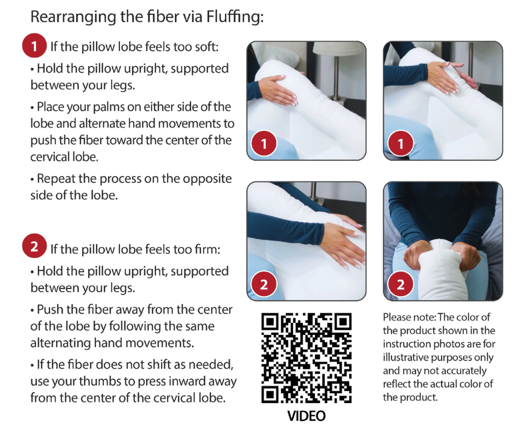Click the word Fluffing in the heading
[x=234, y=17]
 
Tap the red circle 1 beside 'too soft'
[x=34, y=45]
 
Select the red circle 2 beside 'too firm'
[x=34, y=246]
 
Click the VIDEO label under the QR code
[x=307, y=416]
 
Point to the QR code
[x=307, y=358]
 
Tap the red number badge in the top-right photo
[x=401, y=144]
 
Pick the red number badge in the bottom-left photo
[x=264, y=284]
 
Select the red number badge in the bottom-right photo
[x=401, y=284]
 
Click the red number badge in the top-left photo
[x=264, y=144]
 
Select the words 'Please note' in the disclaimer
[x=409, y=317]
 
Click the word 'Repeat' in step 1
[x=56, y=179]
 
